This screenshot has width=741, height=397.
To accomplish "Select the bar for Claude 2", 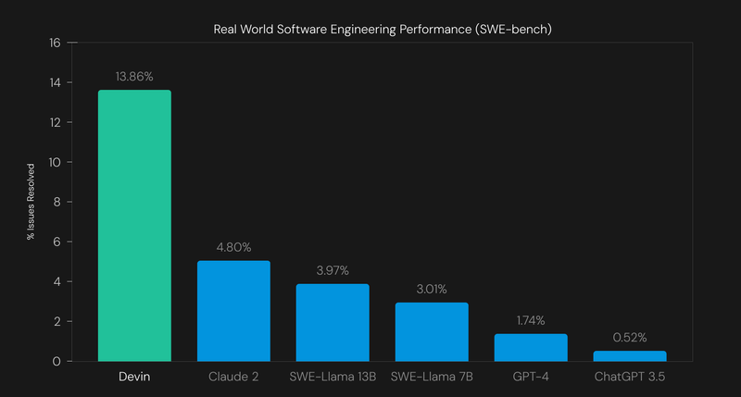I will pyautogui.click(x=233, y=311).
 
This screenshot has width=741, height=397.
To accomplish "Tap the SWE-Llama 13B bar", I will pyautogui.click(x=333, y=322).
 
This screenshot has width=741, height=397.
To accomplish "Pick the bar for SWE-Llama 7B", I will pyautogui.click(x=432, y=331).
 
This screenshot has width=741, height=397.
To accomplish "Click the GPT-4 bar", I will pyautogui.click(x=531, y=347).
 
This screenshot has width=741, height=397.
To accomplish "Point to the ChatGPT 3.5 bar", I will pyautogui.click(x=630, y=355).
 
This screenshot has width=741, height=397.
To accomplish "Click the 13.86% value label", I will pyautogui.click(x=134, y=76).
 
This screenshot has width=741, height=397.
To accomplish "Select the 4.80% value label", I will pyautogui.click(x=233, y=247).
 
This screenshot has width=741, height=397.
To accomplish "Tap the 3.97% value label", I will pyautogui.click(x=333, y=270).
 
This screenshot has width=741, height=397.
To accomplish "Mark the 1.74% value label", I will pyautogui.click(x=531, y=320).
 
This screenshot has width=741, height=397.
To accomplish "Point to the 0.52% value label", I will pyautogui.click(x=630, y=337).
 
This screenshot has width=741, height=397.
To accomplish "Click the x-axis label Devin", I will pyautogui.click(x=134, y=378).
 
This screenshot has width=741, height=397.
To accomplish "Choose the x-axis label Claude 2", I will pyautogui.click(x=233, y=378).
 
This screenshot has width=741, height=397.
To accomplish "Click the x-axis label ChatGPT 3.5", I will pyautogui.click(x=630, y=378).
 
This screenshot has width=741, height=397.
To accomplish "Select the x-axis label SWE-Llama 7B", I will pyautogui.click(x=432, y=378).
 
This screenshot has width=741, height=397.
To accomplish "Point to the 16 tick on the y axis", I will pyautogui.click(x=55, y=43).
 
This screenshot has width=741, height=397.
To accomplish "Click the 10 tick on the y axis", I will pyautogui.click(x=55, y=162).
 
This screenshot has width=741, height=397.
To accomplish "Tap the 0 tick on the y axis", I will pyautogui.click(x=57, y=361).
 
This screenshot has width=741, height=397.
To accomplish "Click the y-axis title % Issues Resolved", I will pyautogui.click(x=30, y=202).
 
